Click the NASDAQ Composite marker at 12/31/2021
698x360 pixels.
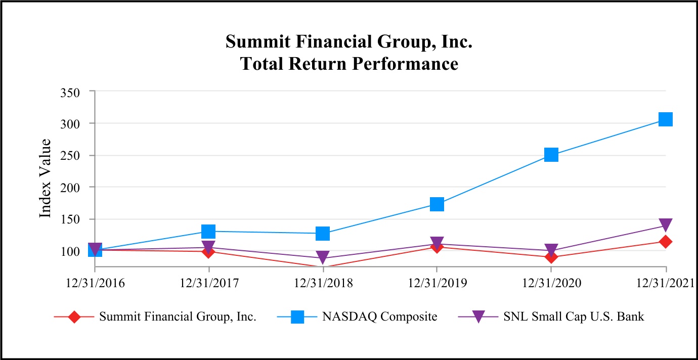pos(666,119)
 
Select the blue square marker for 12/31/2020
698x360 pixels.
pos(551,155)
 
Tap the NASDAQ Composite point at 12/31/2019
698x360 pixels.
pos(437,204)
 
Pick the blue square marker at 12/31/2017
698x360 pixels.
pos(208,231)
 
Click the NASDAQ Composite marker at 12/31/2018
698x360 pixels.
pos(323,233)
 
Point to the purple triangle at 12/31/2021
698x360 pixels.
pos(666,225)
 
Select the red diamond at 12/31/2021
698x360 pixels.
pos(666,242)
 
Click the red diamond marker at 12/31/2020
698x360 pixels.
pos(551,257)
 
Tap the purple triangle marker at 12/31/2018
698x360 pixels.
pos(323,257)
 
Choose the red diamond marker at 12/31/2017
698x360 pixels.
pos(208,251)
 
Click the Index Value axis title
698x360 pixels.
pos(46,178)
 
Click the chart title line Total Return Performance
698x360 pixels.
pos(349,64)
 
